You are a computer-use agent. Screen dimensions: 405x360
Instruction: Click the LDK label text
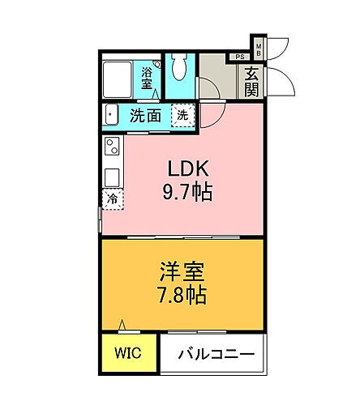pos(188,169)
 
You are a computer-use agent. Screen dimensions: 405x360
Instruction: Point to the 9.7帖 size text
pos(188,194)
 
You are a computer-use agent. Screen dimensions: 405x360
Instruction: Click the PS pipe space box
pos(239,57)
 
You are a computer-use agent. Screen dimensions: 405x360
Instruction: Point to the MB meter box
pos(259,49)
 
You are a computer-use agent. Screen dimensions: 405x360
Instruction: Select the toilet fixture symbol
pos(179,66)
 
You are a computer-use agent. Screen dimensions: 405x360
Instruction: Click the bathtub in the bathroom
pos(121,76)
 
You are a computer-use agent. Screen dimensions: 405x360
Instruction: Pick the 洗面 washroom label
pos(144,115)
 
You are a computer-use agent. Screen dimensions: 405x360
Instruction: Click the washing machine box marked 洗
pos(183,115)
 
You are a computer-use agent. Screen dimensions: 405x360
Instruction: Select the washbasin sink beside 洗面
pos(113,115)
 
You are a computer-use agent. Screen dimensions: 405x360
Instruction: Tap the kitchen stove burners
pos(111,147)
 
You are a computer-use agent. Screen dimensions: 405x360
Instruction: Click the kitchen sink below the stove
pos(110,173)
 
